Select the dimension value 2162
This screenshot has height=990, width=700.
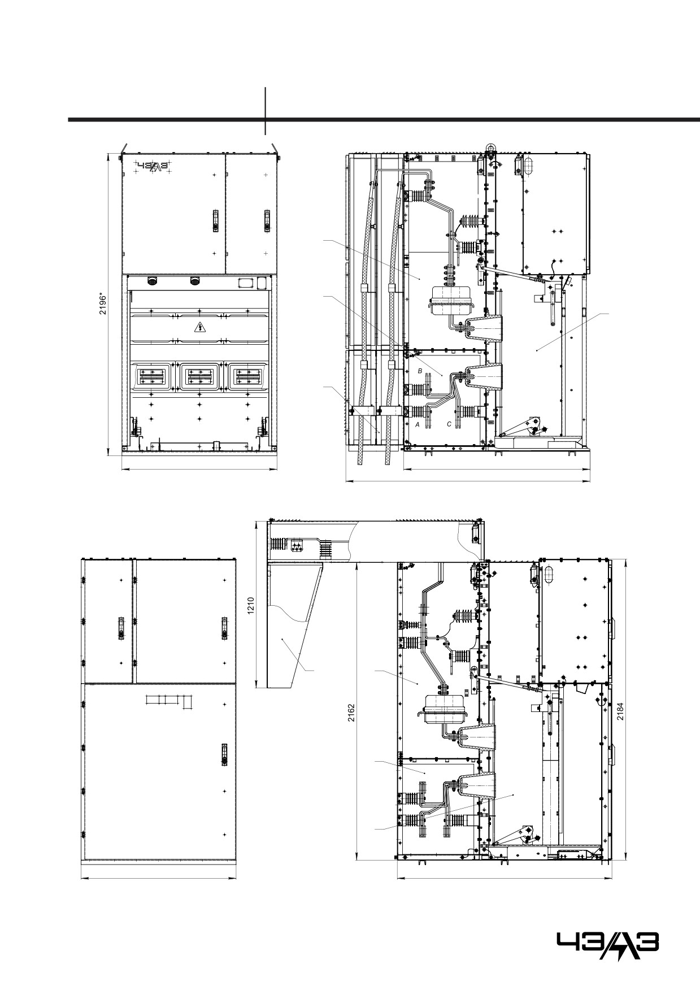click(x=351, y=713)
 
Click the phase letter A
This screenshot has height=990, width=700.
click(x=418, y=424)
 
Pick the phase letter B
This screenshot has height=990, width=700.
click(x=419, y=371)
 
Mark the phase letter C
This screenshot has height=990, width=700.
click(x=449, y=424)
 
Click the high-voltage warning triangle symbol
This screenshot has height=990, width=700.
click(x=199, y=327)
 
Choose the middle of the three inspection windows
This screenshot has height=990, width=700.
click(x=199, y=376)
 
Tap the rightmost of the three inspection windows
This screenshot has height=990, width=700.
click(x=247, y=376)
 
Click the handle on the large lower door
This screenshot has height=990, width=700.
click(x=224, y=754)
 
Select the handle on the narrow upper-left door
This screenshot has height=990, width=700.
click(x=120, y=628)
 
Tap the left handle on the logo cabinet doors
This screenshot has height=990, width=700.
click(x=215, y=220)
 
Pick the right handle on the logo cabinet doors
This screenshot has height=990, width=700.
click(x=267, y=220)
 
